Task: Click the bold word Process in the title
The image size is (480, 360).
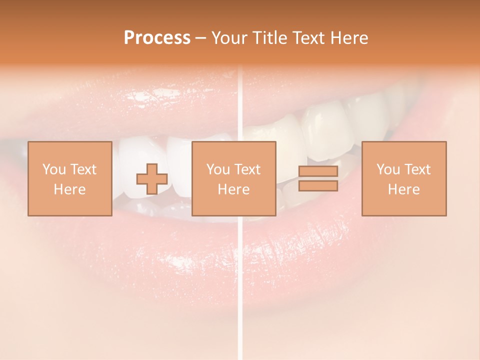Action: tap(157, 38)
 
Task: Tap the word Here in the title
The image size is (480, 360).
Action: tap(348, 38)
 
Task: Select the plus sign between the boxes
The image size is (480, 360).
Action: tap(152, 178)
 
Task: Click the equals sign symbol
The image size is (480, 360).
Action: tap(318, 178)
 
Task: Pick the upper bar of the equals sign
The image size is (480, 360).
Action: tap(318, 171)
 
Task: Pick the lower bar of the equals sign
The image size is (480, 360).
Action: tap(318, 186)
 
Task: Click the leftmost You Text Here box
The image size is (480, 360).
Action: tap(69, 178)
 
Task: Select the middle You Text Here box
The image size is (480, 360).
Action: tap(233, 178)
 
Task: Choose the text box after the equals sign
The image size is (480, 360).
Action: tap(403, 178)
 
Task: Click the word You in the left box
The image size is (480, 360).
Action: tap(53, 169)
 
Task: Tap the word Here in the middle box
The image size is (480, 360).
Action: tap(233, 189)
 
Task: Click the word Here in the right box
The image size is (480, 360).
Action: tap(403, 189)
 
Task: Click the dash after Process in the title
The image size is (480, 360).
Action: tap(201, 38)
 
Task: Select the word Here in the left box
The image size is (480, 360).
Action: tap(69, 189)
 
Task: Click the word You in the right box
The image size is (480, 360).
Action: tap(387, 169)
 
